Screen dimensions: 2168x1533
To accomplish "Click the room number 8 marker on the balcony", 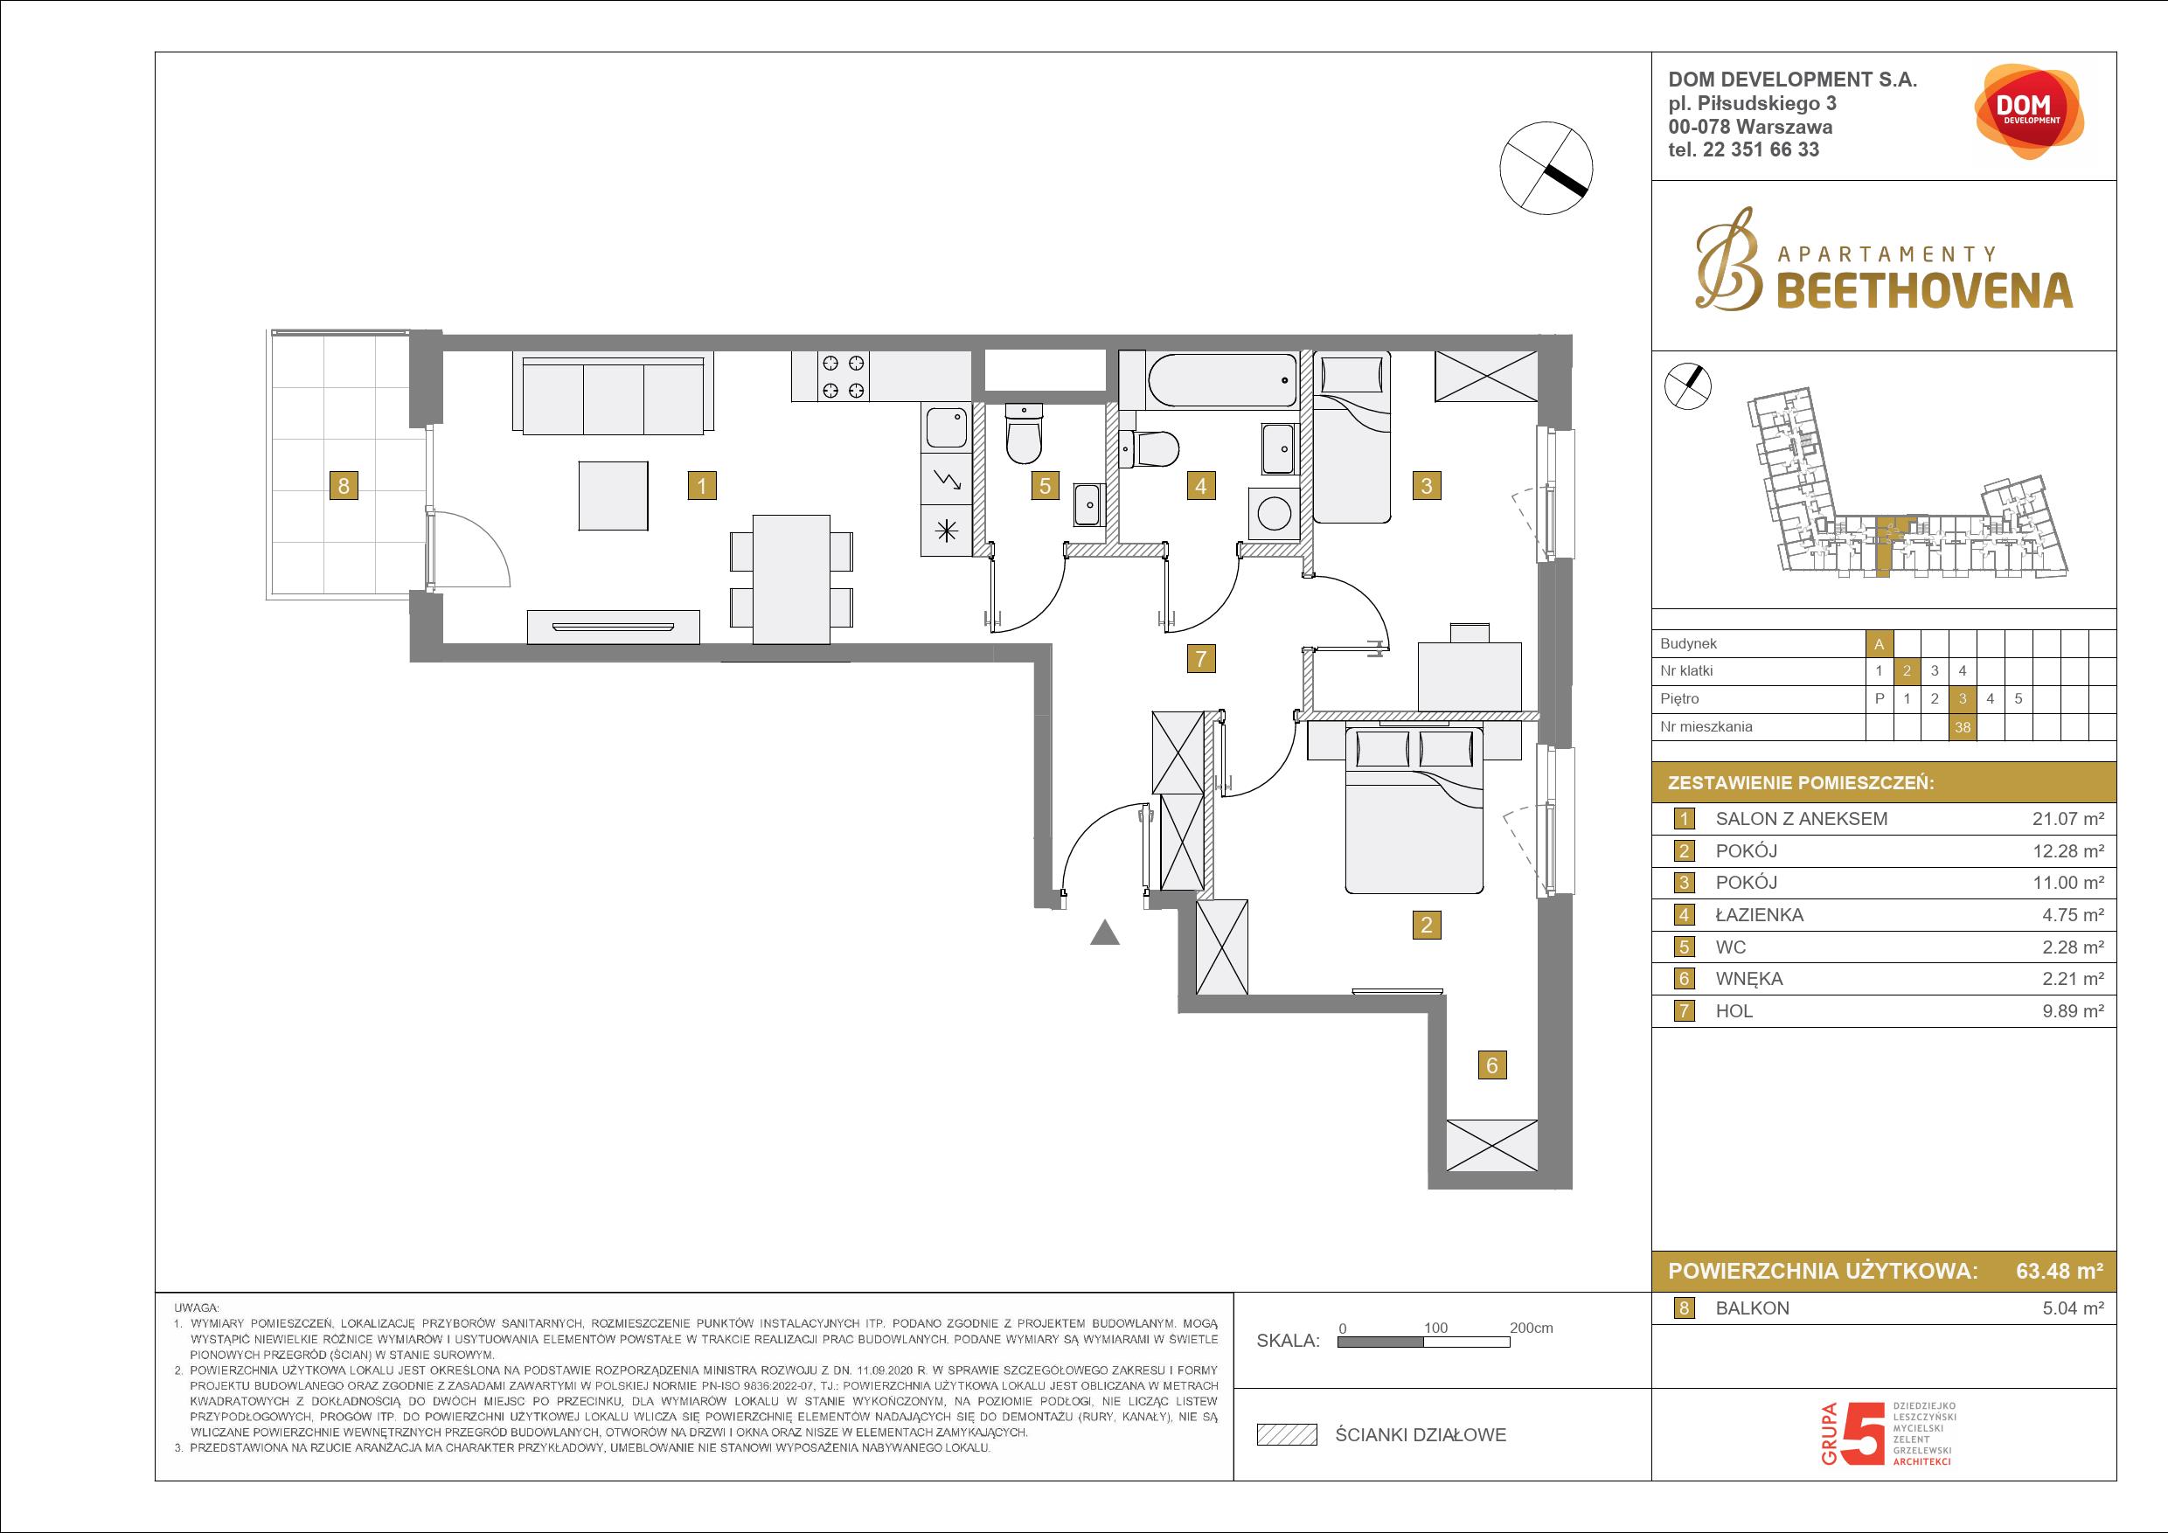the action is pyautogui.click(x=344, y=486).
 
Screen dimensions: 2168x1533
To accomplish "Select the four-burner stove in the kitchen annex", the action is pyautogui.click(x=844, y=376).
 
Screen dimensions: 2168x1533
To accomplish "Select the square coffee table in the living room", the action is pyautogui.click(x=614, y=496).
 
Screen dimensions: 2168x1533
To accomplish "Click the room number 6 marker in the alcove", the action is pyautogui.click(x=1492, y=1065).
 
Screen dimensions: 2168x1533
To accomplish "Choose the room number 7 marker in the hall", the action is pyautogui.click(x=1201, y=659).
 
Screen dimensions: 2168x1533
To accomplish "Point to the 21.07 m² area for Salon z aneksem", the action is pyautogui.click(x=2068, y=819).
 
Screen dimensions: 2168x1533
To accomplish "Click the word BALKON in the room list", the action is pyautogui.click(x=1753, y=1308).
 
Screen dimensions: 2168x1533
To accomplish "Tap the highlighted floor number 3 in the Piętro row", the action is pyautogui.click(x=1963, y=699).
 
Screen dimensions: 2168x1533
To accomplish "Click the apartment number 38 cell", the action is pyautogui.click(x=1963, y=727).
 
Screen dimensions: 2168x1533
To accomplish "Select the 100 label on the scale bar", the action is pyautogui.click(x=1435, y=1328).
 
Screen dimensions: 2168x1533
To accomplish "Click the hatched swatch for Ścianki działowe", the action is pyautogui.click(x=1286, y=1435).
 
